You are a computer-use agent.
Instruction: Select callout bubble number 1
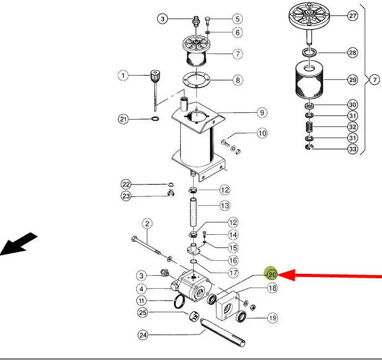[x=123, y=76]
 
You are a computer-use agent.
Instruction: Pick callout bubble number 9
[x=262, y=113]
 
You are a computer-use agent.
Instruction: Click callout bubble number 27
[x=352, y=16]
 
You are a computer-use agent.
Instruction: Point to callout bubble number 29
[x=352, y=80]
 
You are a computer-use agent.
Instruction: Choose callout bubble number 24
[x=143, y=335]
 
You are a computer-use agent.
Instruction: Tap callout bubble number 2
[x=147, y=223]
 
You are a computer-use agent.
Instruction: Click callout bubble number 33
[x=352, y=149]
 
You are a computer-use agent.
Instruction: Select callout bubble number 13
[x=225, y=206]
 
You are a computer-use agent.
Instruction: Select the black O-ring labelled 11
[x=179, y=302]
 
